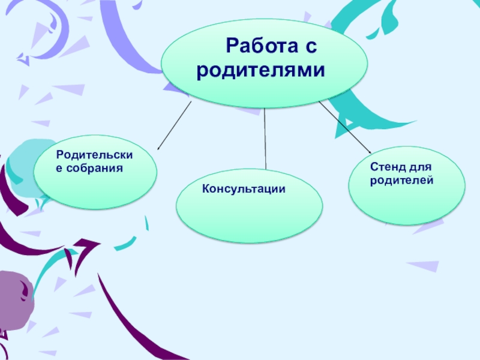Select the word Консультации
pyautogui.click(x=243, y=189)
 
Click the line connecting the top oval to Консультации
pyautogui.click(x=265, y=138)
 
